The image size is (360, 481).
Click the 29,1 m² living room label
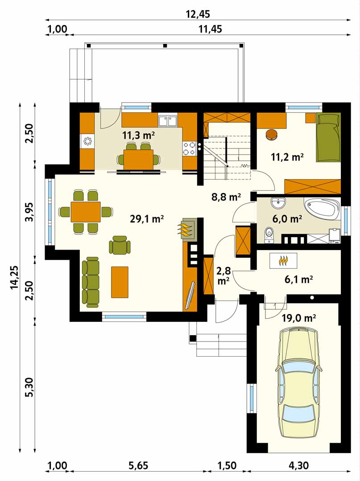coord(147,219)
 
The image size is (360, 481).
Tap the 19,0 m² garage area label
coord(299,318)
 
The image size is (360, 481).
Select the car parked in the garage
coord(299,382)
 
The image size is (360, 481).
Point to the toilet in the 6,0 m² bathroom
coord(269,234)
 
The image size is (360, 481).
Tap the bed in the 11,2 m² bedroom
coord(328,137)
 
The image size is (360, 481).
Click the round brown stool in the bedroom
coord(272,135)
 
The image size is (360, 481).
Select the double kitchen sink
coord(168,120)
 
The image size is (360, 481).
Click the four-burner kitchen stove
coord(190,148)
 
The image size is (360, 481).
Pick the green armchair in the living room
coord(120,245)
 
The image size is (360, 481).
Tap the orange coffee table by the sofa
coord(120,282)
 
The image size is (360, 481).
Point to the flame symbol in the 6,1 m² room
coord(283,260)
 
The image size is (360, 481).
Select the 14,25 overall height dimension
coord(14,277)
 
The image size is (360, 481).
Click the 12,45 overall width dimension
coord(198,14)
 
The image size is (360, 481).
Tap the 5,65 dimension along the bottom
coord(138,466)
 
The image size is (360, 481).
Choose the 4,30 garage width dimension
coord(298,466)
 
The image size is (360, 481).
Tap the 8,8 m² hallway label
coord(226,197)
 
